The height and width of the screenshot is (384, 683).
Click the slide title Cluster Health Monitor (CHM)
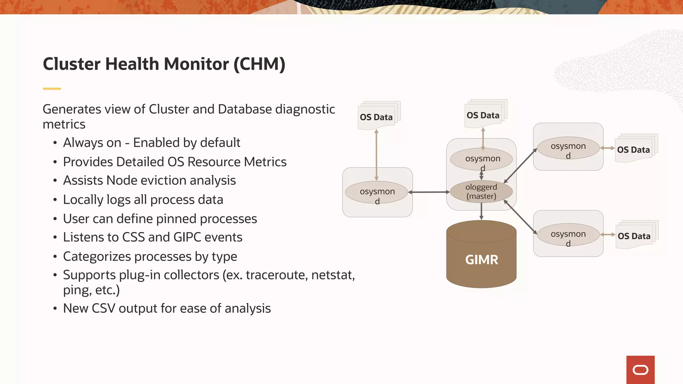pyautogui.click(x=164, y=64)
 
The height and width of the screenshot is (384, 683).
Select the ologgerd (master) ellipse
pyautogui.click(x=481, y=192)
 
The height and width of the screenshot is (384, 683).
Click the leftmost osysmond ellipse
pyautogui.click(x=377, y=192)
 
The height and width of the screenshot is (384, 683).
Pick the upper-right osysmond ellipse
pyautogui.click(x=568, y=148)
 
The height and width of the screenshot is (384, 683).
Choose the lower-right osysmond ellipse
pyautogui.click(x=568, y=235)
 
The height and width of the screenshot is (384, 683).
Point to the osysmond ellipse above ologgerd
pyautogui.click(x=481, y=159)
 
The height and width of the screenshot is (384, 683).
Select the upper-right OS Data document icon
pyautogui.click(x=634, y=149)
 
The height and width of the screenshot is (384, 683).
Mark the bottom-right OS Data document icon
pyautogui.click(x=634, y=236)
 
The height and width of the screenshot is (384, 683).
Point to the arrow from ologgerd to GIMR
pyautogui.click(x=481, y=211)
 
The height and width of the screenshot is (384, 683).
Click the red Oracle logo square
pyautogui.click(x=640, y=370)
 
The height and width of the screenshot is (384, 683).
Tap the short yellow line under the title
pyautogui.click(x=52, y=89)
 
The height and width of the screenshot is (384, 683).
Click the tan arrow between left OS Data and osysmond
pyautogui.click(x=376, y=155)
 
